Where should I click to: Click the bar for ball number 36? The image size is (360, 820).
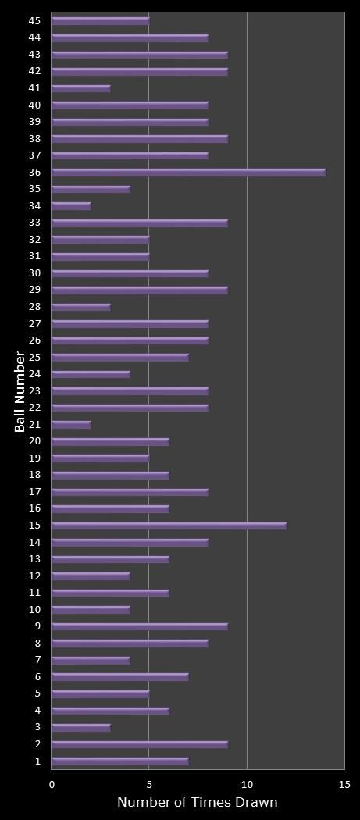click(x=188, y=173)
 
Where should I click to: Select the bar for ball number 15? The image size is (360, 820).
click(x=169, y=526)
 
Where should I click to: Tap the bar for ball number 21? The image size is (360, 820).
click(x=71, y=425)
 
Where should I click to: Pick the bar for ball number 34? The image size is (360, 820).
click(x=71, y=206)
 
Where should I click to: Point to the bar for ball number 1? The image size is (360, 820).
click(x=119, y=761)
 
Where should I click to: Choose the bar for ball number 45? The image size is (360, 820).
click(x=100, y=20)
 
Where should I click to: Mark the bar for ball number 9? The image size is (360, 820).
click(x=139, y=626)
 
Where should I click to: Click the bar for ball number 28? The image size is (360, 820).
click(x=80, y=307)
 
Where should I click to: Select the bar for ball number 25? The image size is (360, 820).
click(x=119, y=358)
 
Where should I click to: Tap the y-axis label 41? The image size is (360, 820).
click(x=36, y=87)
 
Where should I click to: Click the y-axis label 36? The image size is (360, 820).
click(x=36, y=172)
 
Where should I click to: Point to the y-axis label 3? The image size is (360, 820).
click(x=38, y=727)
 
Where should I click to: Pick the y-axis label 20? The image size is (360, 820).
click(x=36, y=441)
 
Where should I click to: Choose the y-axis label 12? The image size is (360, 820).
click(x=36, y=576)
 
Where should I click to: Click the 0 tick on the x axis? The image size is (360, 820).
click(x=52, y=784)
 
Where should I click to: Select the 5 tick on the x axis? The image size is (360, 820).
click(x=149, y=784)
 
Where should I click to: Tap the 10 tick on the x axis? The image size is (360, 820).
click(x=247, y=784)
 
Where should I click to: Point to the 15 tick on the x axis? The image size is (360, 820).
click(x=344, y=784)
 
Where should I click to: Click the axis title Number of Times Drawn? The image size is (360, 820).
click(x=197, y=803)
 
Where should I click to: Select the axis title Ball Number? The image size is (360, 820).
click(x=20, y=391)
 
